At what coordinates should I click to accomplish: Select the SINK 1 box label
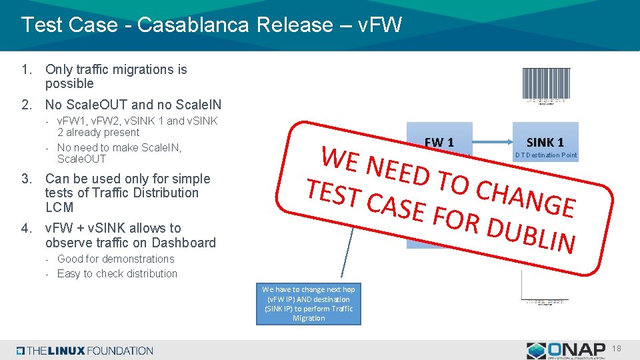(545, 142)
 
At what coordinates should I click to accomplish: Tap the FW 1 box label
(439, 142)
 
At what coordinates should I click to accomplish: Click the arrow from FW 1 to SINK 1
(492, 141)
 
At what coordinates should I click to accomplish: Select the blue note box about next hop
(309, 304)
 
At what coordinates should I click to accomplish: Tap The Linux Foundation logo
(85, 351)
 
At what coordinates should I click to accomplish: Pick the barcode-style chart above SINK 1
(546, 85)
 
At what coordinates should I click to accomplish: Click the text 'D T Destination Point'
(546, 156)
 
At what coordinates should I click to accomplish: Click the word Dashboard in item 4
(180, 243)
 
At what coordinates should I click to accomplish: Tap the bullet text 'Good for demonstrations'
(115, 259)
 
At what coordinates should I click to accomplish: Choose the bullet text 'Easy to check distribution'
(117, 273)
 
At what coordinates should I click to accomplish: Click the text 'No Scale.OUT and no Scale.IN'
(133, 105)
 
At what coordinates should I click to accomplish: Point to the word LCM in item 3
(59, 207)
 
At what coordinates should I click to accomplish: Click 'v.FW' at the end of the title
(380, 25)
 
